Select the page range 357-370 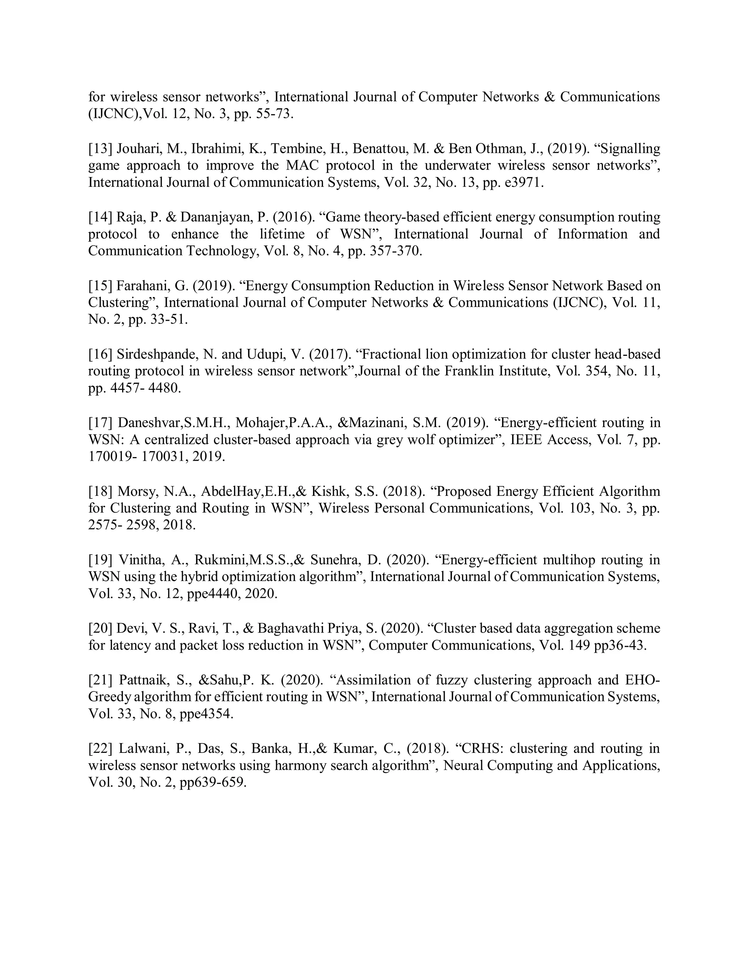pyautogui.click(x=395, y=251)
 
